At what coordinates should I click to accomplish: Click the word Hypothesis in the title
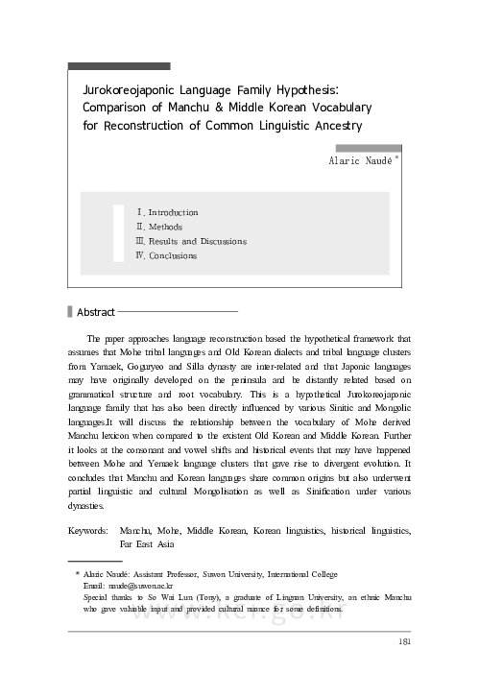pyautogui.click(x=308, y=88)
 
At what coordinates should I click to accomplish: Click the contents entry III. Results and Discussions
pyautogui.click(x=192, y=241)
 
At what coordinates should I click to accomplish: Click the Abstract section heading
pyautogui.click(x=95, y=312)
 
